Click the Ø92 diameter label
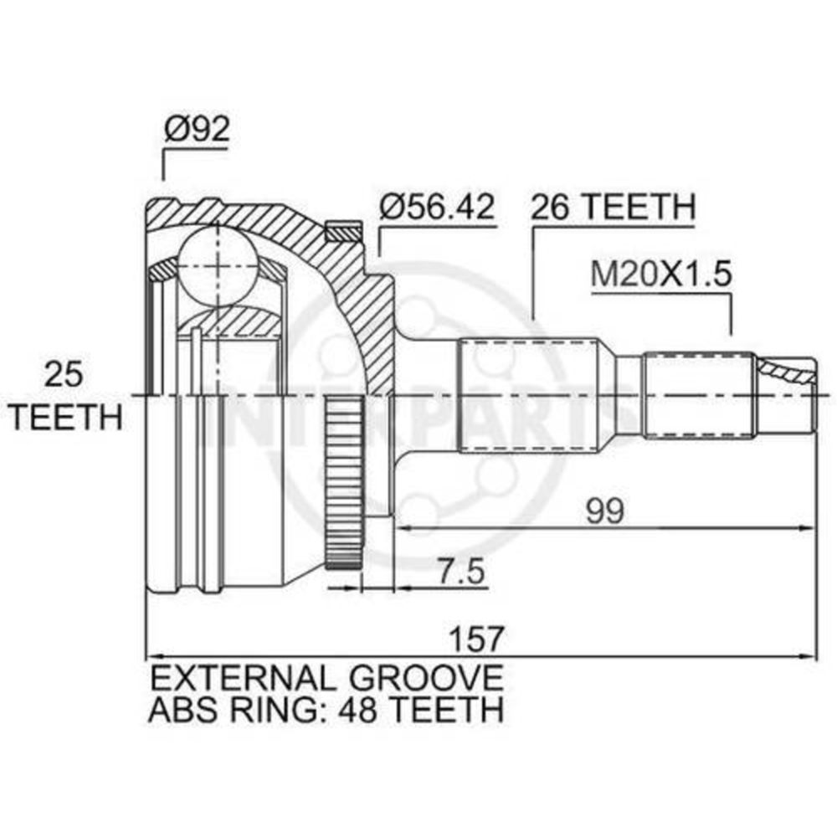(197, 129)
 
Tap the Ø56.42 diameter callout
(437, 207)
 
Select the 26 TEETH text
(613, 207)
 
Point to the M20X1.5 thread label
(660, 275)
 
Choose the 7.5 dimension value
(460, 571)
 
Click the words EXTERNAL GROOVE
(326, 678)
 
